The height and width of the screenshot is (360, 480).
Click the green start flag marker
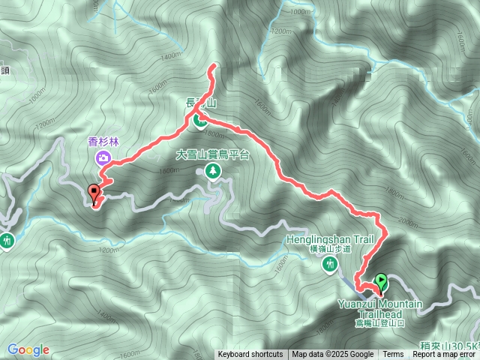pos(382,282)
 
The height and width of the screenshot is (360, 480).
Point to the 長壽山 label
pos(200,104)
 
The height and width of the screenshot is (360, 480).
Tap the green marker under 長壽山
pos(201,119)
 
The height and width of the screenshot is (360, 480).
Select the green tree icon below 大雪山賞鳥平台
pos(214,172)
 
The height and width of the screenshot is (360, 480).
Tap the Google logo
pos(28,349)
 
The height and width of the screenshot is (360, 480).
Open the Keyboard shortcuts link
pos(250,355)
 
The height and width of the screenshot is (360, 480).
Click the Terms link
pos(393,355)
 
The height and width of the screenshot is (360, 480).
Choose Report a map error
pos(445,355)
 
